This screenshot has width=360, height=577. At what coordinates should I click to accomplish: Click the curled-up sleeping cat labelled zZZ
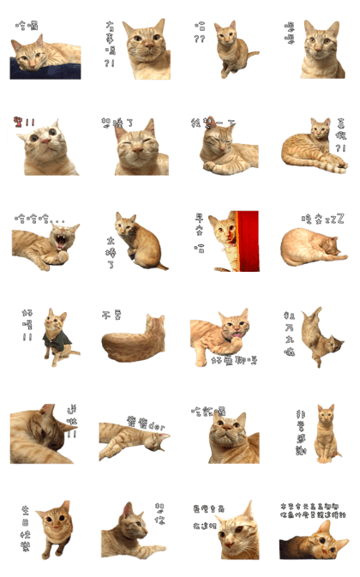(315, 246)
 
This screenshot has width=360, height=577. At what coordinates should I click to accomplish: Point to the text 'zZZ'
(333, 219)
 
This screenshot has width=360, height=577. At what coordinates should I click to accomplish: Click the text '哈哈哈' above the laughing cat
(34, 219)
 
